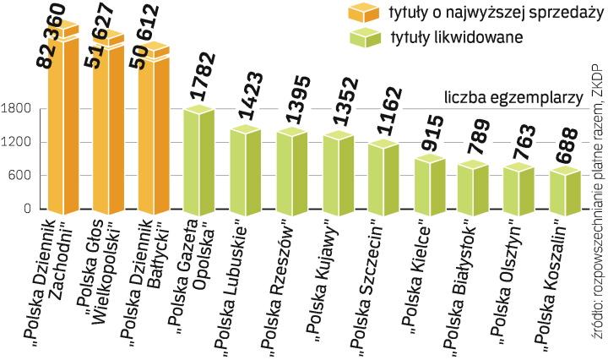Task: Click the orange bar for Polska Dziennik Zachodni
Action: pos(62,127)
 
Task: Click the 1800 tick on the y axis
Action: pos(16,108)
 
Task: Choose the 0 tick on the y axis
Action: pos(28,209)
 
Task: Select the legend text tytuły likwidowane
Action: pos(456,37)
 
